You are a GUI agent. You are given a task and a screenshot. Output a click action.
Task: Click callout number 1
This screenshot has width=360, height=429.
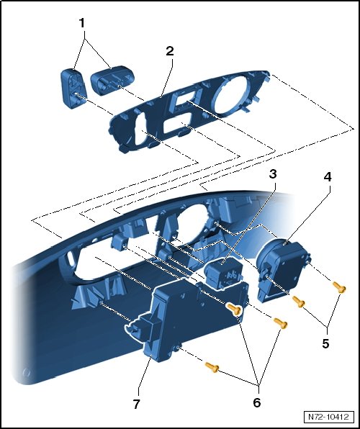[82, 23]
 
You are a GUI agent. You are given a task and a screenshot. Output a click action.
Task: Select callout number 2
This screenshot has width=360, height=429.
[170, 51]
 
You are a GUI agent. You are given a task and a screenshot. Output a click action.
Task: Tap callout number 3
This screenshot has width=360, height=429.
[273, 173]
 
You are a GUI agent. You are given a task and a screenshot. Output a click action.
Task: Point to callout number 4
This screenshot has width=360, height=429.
[328, 177]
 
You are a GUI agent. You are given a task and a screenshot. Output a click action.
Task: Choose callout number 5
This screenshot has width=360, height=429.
[325, 343]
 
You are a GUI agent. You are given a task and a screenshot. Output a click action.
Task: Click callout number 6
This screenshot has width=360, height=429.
[256, 402]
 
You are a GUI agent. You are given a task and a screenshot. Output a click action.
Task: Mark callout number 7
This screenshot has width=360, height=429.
[137, 404]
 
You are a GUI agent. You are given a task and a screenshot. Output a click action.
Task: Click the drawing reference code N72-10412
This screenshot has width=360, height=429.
[328, 417]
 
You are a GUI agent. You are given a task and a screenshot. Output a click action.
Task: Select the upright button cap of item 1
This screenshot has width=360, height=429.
[73, 89]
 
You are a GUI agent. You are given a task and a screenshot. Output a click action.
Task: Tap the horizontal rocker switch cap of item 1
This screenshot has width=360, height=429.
[112, 80]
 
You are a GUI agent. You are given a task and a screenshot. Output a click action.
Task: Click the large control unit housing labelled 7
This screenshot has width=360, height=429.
[192, 315]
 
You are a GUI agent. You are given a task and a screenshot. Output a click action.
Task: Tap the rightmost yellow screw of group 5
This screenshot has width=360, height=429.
[339, 287]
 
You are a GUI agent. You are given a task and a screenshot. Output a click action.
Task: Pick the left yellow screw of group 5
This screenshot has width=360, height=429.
[299, 302]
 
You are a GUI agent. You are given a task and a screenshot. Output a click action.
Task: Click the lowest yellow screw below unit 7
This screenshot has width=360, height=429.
[212, 367]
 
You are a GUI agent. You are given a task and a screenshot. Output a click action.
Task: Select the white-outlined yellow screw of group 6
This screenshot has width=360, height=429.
[234, 310]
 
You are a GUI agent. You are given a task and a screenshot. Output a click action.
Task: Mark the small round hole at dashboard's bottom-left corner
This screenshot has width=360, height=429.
[27, 372]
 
